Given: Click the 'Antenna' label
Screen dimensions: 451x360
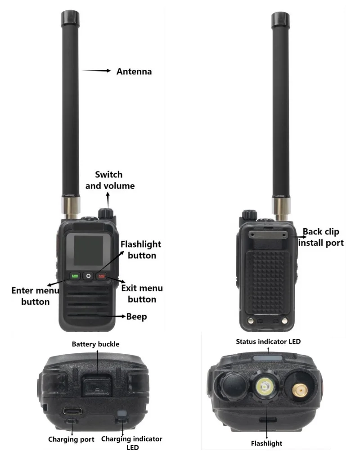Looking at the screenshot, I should click(x=134, y=71).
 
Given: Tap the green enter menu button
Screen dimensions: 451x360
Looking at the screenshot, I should click(x=75, y=276).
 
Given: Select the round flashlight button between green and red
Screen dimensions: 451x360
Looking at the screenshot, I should click(x=88, y=276).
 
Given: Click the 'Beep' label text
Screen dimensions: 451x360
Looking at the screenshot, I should click(x=136, y=316).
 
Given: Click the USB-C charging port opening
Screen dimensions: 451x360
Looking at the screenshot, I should click(x=73, y=411).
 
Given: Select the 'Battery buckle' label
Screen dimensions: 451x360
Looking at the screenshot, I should click(x=96, y=344).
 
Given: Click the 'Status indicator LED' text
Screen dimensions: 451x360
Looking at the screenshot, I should click(x=268, y=342).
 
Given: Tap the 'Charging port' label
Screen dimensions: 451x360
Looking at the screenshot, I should click(x=72, y=439).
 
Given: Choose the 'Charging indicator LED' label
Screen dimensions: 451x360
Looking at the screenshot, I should click(x=132, y=442).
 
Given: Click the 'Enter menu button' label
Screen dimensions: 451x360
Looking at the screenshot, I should click(x=35, y=296).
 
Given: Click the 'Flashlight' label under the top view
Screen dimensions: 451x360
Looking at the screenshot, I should click(x=267, y=443).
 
